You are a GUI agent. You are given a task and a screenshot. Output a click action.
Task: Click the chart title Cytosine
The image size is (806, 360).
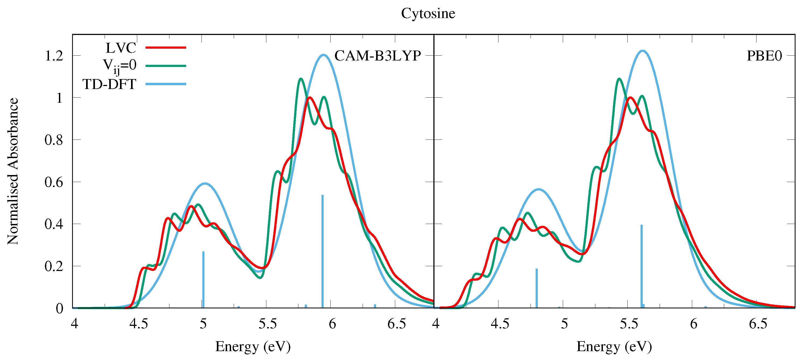[428, 13]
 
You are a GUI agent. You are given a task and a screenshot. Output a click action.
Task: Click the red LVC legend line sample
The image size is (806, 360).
[166, 48]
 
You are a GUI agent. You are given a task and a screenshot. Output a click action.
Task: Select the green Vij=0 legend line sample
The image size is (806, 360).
[166, 66]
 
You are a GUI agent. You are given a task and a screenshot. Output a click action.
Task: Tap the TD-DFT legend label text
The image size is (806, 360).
[109, 84]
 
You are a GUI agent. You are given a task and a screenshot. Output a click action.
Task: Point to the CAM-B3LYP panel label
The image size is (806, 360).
[377, 56]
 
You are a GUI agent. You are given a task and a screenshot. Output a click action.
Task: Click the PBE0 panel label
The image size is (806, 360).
[764, 56]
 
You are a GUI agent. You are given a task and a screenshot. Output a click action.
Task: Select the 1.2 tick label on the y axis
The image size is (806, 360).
[54, 56]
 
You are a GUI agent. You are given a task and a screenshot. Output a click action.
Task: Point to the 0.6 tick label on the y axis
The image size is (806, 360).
[54, 182]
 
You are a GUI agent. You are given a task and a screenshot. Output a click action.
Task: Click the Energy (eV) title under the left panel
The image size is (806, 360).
[253, 347]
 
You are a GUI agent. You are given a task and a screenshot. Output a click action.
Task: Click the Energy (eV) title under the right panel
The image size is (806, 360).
[614, 347]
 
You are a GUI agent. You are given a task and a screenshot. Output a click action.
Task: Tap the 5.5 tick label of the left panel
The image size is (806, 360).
[267, 324]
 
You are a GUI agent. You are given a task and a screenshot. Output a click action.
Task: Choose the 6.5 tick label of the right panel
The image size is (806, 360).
[758, 324]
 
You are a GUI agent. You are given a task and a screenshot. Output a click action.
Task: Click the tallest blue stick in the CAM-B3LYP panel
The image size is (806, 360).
[323, 250]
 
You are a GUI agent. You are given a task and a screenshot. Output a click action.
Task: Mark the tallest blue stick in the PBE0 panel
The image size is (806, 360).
[641, 266]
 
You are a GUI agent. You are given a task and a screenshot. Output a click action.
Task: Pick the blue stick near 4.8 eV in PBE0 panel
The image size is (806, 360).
[537, 288]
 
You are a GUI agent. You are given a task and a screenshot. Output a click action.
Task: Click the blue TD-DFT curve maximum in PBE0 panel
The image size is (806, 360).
[642, 51]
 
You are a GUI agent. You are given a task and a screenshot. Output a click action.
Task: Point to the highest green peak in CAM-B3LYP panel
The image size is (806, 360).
[301, 79]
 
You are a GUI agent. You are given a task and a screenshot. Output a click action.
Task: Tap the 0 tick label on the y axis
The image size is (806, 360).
[59, 309]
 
